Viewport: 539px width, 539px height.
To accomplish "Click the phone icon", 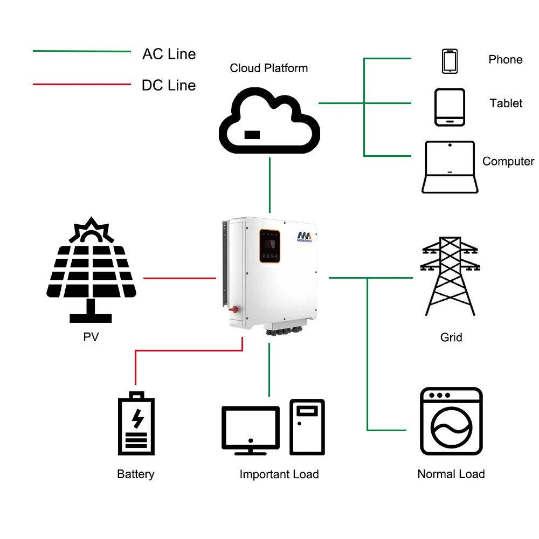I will [x=450, y=61].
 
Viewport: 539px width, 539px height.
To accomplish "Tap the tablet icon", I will [x=450, y=107].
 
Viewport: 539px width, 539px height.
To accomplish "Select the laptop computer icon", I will [x=450, y=167].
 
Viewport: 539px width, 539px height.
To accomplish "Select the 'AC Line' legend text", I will [x=169, y=54].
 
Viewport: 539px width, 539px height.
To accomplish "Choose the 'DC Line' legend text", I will [x=169, y=85].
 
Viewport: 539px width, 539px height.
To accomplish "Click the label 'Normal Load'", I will [x=451, y=474].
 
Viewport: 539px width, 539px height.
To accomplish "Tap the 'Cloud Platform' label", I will [x=269, y=68].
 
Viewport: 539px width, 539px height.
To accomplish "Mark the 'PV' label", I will [x=91, y=337].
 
